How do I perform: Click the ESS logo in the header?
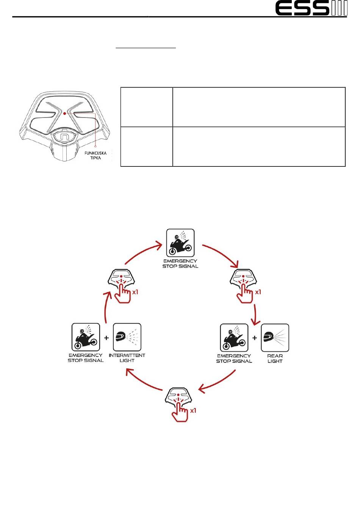311,8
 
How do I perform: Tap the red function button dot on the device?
65,113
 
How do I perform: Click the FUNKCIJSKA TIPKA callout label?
96,155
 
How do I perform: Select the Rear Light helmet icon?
275,338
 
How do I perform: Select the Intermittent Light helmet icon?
127,337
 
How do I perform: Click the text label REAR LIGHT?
275,359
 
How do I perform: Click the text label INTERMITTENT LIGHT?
127,358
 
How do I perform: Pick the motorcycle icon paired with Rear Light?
234,338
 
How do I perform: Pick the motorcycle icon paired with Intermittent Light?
86,337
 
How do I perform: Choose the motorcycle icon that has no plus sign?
180,243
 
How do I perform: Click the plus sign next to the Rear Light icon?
255,337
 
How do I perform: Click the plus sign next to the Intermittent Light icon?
106,337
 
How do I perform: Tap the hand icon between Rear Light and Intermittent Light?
180,404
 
